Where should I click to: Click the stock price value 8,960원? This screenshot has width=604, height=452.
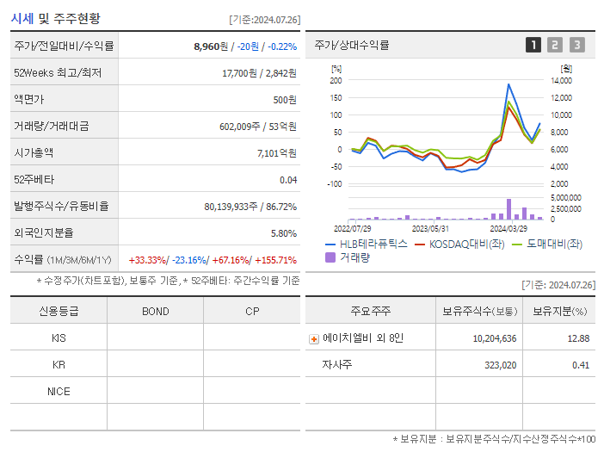(x=212, y=46)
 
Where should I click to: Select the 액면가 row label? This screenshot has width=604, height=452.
(x=29, y=100)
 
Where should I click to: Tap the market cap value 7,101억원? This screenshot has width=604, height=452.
(x=277, y=153)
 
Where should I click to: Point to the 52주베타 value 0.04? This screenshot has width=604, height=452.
(x=288, y=180)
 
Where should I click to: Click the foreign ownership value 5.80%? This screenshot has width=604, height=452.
(x=283, y=233)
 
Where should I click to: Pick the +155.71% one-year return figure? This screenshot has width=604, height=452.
(x=274, y=260)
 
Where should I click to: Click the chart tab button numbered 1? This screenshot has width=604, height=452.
(x=533, y=45)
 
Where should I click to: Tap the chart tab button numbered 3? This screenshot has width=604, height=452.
(x=576, y=45)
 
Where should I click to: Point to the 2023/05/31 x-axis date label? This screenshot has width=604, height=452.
(x=430, y=228)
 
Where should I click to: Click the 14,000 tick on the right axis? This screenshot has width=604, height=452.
(x=560, y=80)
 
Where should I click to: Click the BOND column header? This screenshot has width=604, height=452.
(x=156, y=311)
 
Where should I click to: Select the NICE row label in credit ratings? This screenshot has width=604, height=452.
(x=59, y=391)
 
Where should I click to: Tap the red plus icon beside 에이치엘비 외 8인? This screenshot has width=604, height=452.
(x=314, y=338)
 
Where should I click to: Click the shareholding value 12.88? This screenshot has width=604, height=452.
(x=578, y=338)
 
